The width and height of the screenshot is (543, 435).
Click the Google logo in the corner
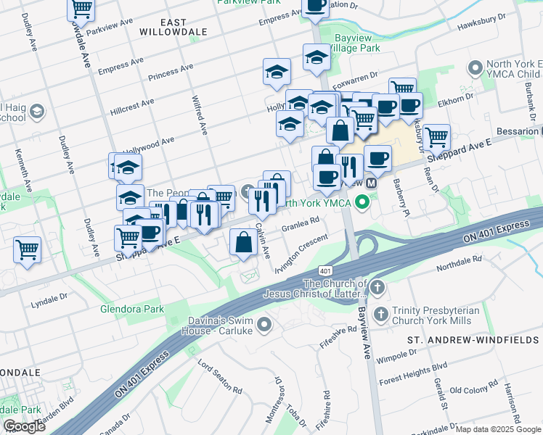(x=25, y=426)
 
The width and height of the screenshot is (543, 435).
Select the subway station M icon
(x=372, y=183)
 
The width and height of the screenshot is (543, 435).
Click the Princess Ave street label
(x=171, y=72)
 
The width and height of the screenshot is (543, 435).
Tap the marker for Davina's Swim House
(x=264, y=323)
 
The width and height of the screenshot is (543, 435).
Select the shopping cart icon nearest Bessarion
(x=437, y=136)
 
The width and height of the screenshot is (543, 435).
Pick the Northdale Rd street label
(x=460, y=263)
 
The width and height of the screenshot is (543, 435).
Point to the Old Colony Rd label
(x=473, y=391)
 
